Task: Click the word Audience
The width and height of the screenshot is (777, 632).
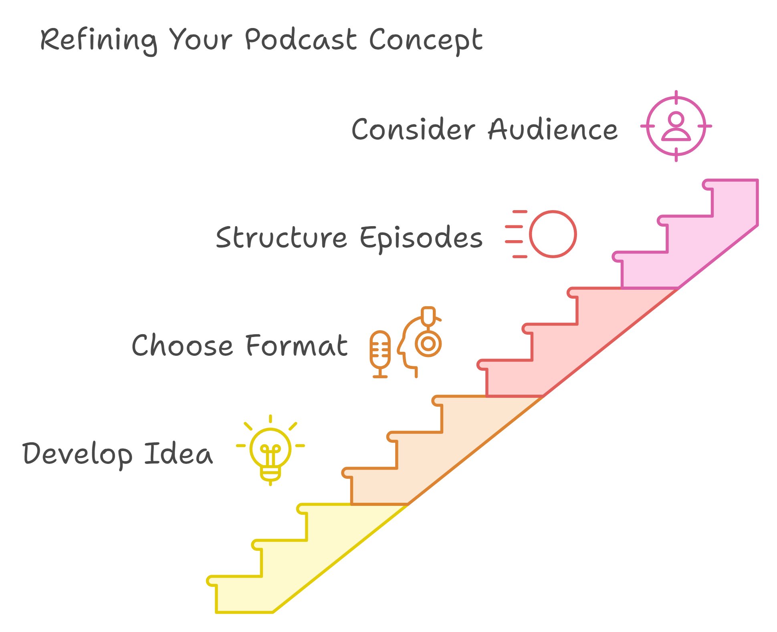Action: tap(553, 129)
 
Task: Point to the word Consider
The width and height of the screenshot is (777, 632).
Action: tap(413, 129)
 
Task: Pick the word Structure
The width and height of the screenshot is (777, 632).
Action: tap(281, 237)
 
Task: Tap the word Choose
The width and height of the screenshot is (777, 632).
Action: tap(182, 345)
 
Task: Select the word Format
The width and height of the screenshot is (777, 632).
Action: tap(297, 345)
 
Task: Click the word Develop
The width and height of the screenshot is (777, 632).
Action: tap(77, 455)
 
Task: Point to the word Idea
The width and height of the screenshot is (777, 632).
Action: tap(178, 453)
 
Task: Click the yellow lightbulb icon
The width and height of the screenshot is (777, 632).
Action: tap(270, 450)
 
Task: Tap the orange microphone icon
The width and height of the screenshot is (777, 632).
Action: tap(380, 354)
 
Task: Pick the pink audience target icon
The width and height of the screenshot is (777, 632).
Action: tap(676, 126)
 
